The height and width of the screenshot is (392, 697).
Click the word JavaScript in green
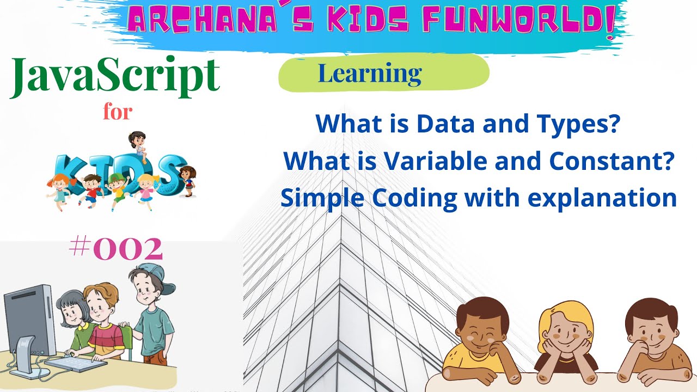click(x=115, y=77)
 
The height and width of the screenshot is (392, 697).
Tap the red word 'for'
click(x=118, y=112)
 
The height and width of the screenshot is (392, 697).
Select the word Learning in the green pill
click(x=370, y=73)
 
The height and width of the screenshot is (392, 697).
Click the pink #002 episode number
click(x=116, y=249)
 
